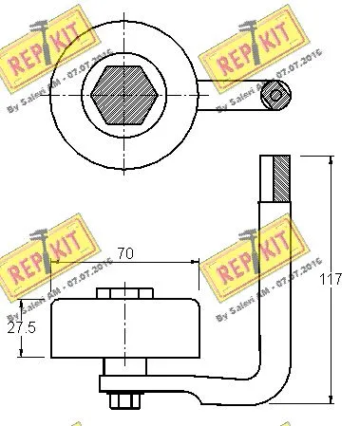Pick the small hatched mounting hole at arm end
(275, 93)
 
